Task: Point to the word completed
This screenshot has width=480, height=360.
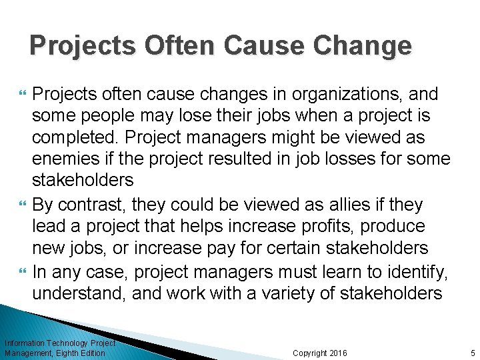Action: (x=75, y=138)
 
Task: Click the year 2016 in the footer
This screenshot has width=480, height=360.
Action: (x=336, y=353)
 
